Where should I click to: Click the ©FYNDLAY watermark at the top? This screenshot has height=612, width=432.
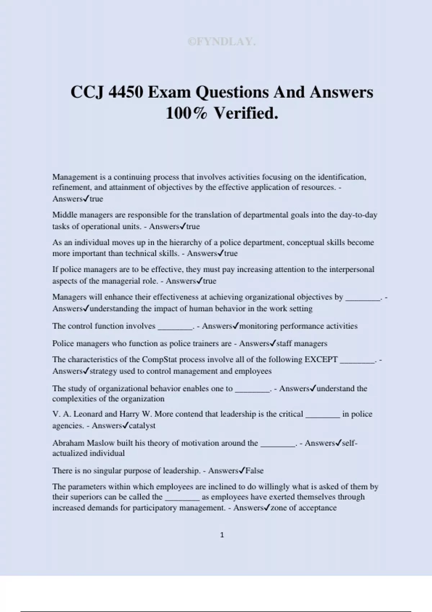(x=221, y=42)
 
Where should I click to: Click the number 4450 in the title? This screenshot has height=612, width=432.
(x=126, y=92)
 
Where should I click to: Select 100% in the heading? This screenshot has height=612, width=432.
(x=186, y=113)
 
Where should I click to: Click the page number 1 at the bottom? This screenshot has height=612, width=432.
(x=222, y=535)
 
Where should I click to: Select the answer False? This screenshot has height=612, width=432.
(x=255, y=471)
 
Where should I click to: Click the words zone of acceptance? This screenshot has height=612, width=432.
(x=303, y=508)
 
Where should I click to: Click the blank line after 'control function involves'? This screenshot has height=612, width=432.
(x=175, y=327)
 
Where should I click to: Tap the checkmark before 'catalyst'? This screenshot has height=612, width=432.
(x=125, y=426)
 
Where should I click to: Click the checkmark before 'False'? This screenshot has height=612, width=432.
(x=242, y=471)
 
